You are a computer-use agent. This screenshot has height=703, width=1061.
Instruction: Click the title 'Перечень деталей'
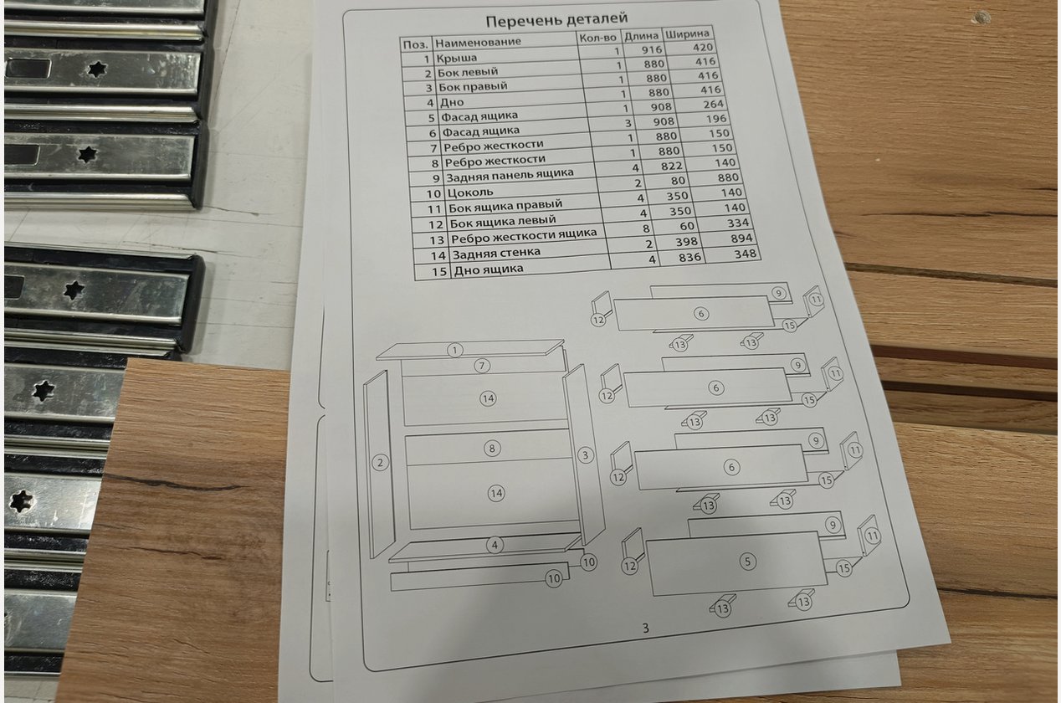(556, 20)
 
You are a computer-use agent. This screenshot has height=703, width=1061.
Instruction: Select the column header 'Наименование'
(478, 42)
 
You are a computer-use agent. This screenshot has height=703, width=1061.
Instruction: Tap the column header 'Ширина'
(687, 34)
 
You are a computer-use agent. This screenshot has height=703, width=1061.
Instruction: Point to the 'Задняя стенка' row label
(496, 254)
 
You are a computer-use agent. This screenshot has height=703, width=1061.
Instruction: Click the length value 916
(652, 49)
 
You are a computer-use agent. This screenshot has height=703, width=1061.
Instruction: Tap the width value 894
(741, 239)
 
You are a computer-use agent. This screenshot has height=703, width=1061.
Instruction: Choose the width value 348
(745, 254)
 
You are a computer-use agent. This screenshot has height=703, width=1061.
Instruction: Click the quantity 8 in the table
(646, 228)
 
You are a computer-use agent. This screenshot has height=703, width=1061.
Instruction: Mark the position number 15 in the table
(439, 271)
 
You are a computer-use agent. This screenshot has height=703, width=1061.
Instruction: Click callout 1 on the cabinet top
(454, 351)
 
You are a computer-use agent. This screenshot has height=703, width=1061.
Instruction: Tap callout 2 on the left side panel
(380, 462)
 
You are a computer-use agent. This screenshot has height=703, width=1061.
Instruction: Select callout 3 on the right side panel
(586, 455)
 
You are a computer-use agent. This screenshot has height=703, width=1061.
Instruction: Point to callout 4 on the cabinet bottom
(495, 545)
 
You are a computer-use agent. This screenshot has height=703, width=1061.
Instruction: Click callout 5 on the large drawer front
(747, 562)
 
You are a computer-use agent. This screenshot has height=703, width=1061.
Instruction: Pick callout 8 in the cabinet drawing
(492, 448)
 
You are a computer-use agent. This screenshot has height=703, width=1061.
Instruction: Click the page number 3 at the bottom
(645, 629)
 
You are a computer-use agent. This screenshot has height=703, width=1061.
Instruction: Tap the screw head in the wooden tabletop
(982, 18)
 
